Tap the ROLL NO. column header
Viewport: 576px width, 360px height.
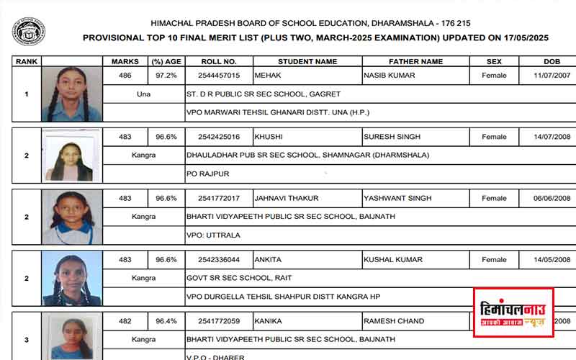click(220, 62)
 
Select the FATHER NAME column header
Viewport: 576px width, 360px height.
click(415, 62)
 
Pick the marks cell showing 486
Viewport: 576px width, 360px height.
click(125, 75)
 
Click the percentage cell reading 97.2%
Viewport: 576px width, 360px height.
click(166, 75)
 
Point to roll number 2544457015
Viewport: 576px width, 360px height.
click(219, 75)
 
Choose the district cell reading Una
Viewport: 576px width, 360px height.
click(143, 94)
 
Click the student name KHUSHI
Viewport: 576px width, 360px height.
click(269, 137)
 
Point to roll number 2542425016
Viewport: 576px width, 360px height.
click(219, 137)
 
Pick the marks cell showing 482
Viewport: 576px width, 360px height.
click(125, 321)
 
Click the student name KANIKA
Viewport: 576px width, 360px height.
click(269, 321)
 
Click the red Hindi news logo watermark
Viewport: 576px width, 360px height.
click(513, 312)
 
